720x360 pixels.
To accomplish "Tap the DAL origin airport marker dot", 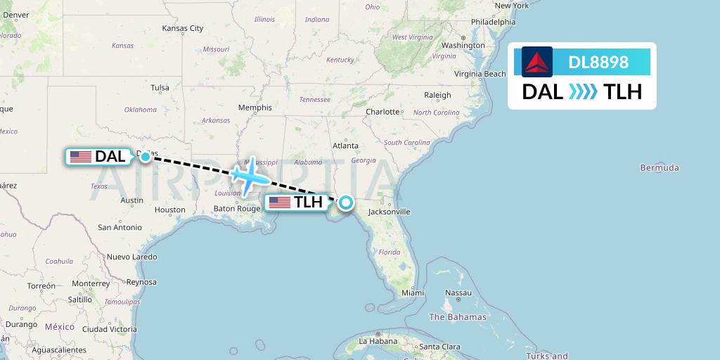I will pos(145,157).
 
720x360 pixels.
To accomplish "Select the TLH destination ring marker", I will pos(346,202).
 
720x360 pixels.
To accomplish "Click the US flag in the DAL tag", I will pos(81,157).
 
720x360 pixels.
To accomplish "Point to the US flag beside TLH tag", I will pos(280,202).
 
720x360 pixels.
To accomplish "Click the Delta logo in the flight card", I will pos(537,62).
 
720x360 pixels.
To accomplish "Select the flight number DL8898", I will pos(598,63).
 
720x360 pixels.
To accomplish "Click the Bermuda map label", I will pos(660,168).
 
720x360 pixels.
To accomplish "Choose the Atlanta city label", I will pos(345,146).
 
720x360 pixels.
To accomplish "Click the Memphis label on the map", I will pos(255,108).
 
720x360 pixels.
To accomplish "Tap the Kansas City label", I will pos(182,29).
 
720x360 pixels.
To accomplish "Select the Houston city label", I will pos(170,210).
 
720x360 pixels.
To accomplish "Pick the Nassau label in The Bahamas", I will pos(458,292).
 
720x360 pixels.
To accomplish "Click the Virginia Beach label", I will pos(480,74).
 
